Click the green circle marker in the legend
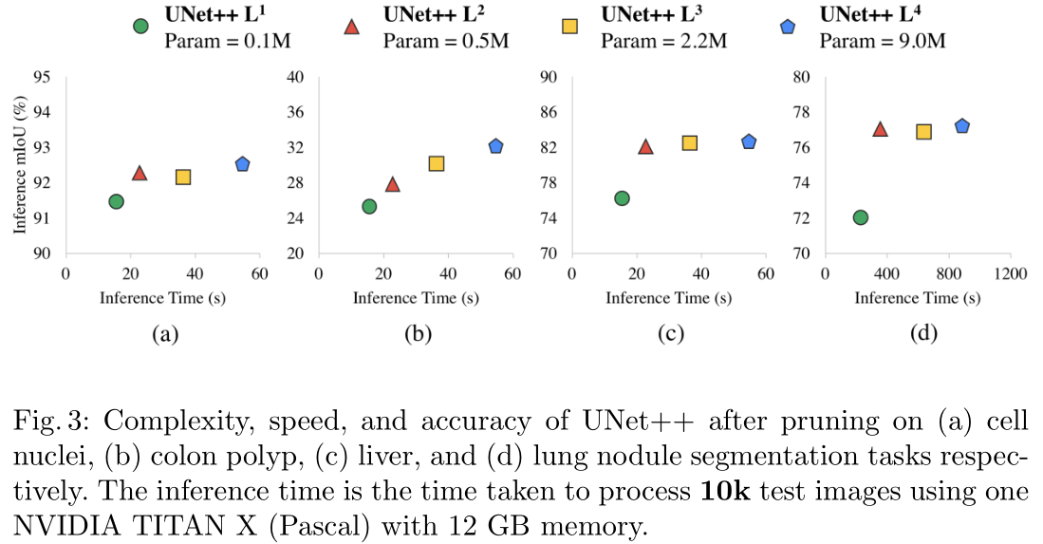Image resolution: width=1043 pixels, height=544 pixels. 140,28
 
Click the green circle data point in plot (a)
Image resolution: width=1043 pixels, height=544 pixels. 116,201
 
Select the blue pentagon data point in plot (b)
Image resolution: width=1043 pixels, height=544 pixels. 495,146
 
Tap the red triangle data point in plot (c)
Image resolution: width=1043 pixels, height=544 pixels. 645,146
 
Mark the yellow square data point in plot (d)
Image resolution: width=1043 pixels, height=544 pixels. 923,132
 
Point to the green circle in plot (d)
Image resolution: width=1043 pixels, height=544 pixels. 861,217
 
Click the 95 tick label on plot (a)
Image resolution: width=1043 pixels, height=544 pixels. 41,77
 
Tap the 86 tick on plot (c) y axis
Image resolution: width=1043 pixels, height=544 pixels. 548,113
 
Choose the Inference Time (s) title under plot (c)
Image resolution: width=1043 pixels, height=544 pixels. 668,298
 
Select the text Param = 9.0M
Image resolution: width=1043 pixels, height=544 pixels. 883,41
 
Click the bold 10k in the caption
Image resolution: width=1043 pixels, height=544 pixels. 728,492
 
